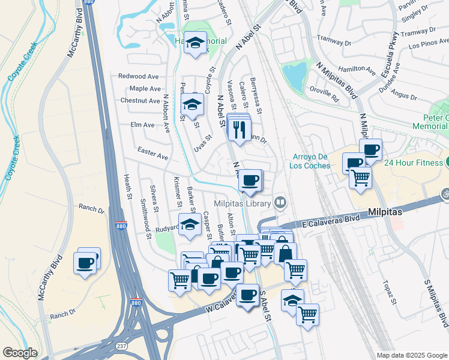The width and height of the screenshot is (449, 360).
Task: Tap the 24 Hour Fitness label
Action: (x=414, y=163)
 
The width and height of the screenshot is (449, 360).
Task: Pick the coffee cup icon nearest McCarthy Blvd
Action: (x=85, y=262)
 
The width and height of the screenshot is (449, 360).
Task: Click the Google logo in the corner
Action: (x=19, y=353)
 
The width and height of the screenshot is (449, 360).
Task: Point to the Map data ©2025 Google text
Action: (x=411, y=355)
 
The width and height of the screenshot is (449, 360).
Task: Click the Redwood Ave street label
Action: (x=138, y=76)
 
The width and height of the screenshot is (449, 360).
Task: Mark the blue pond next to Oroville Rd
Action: (x=294, y=77)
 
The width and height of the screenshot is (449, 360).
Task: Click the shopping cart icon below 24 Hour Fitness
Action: (x=360, y=178)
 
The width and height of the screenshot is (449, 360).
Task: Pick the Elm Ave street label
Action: (x=142, y=125)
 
